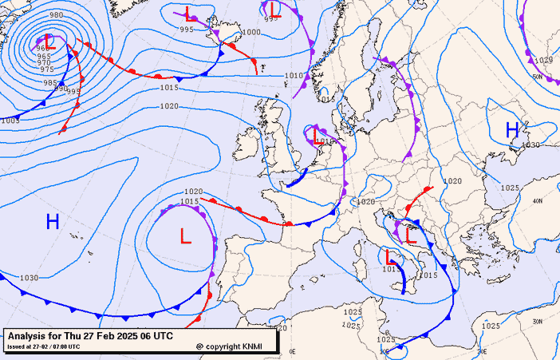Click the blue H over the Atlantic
(x=53, y=222)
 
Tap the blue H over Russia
(x=513, y=129)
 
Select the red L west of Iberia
(x=186, y=236)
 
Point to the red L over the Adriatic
(x=412, y=235)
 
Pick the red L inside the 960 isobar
(x=48, y=39)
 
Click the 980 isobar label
(x=57, y=15)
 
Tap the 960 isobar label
(x=42, y=49)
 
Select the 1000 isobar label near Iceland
(x=251, y=32)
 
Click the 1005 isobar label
(x=10, y=121)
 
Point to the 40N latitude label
(x=537, y=201)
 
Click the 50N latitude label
(x=537, y=77)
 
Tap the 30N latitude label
(x=538, y=321)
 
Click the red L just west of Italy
(x=390, y=258)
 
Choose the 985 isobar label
(x=50, y=82)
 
